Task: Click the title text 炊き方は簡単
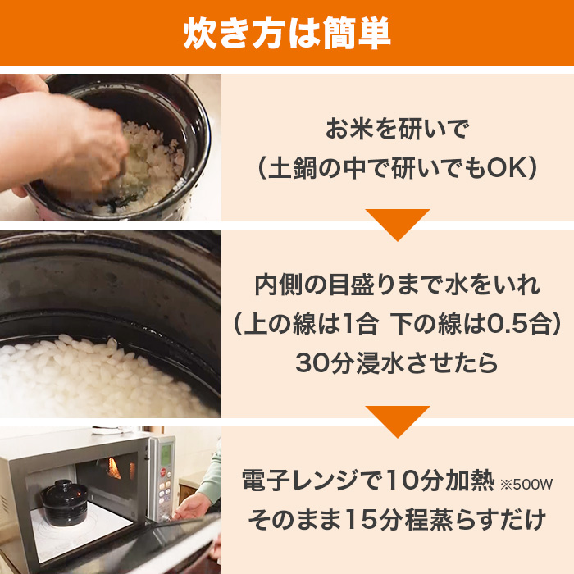286,32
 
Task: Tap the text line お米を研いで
396,129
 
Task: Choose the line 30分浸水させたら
398,362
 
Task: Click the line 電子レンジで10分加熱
369,481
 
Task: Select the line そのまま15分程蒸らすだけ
398,520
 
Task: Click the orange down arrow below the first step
398,223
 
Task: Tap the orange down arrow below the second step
398,420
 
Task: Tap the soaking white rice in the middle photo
98,377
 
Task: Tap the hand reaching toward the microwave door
194,505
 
